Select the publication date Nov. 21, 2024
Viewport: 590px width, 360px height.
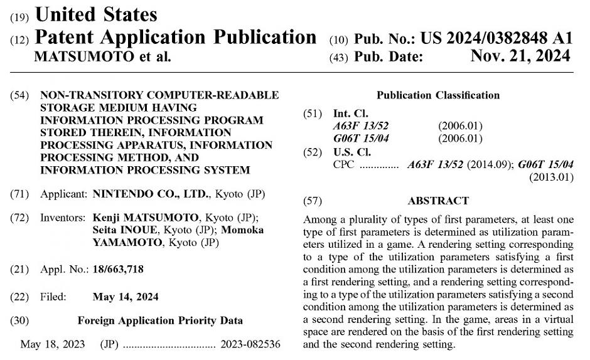click(520, 56)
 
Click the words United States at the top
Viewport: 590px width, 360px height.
click(96, 14)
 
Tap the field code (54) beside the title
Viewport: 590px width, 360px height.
click(19, 95)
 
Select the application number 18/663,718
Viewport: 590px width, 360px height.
click(118, 269)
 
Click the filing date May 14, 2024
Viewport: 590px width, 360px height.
click(125, 296)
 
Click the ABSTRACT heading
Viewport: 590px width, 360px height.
click(438, 201)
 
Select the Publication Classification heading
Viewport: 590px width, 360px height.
click(438, 95)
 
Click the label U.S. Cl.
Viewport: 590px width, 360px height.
click(351, 151)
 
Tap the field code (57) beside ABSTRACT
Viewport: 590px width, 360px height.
click(312, 201)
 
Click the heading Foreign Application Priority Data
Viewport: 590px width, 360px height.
click(160, 320)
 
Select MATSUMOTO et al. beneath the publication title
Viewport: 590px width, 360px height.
click(102, 56)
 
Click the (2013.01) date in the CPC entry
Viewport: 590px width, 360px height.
click(552, 177)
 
